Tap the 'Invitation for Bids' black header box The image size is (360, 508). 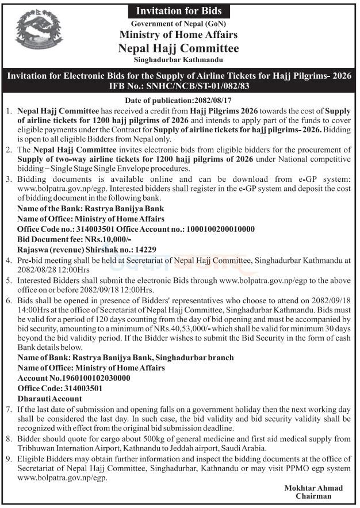(178, 11)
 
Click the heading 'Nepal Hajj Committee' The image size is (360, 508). (178, 48)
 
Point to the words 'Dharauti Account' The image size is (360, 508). (50, 398)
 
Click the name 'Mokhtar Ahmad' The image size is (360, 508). (314, 488)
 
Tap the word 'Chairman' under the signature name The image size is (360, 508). (314, 496)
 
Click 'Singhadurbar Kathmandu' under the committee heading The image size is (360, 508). (178, 60)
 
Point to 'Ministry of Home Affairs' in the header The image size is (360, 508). (178, 35)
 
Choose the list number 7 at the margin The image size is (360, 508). (7, 408)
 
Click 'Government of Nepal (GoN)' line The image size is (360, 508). (178, 23)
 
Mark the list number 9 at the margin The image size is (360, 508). (7, 460)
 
